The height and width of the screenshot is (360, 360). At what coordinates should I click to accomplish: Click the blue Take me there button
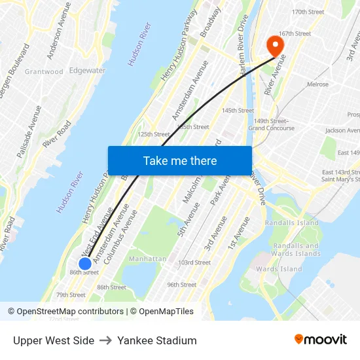coord(179,160)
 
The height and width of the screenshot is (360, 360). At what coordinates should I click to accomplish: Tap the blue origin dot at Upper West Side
coord(85,263)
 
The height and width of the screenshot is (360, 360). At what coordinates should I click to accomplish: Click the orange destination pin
coord(274,46)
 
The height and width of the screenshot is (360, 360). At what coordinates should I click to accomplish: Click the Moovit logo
coord(320,339)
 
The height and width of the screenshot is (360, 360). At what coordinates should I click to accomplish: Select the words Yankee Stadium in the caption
coord(157,340)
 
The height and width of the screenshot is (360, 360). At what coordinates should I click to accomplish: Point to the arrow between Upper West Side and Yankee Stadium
coord(106,340)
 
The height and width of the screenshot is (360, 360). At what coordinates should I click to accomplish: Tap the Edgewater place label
coord(87,71)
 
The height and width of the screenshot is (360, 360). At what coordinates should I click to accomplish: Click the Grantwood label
coord(44,72)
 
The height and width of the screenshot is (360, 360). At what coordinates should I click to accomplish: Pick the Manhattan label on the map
coord(147,259)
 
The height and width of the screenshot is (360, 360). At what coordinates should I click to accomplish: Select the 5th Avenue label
coord(189,219)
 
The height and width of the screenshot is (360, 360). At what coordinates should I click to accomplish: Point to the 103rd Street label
coord(194,262)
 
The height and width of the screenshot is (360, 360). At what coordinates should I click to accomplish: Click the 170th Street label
coord(308,12)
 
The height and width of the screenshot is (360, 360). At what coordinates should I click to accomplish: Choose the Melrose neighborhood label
coord(317,84)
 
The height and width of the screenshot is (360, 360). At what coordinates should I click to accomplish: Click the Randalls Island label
coord(291,223)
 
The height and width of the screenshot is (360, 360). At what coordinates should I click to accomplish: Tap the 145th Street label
coord(238,111)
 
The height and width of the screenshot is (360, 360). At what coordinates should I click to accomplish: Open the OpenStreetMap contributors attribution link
coord(69,312)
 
